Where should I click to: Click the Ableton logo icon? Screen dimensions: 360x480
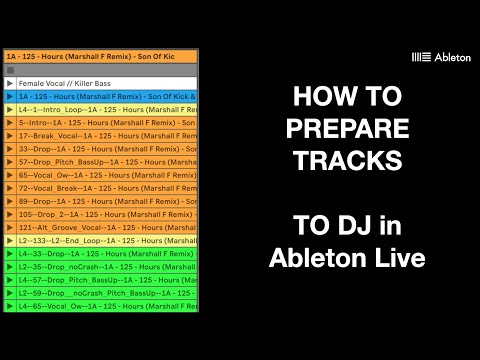click(421, 58)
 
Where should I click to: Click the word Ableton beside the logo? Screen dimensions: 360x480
click(452, 58)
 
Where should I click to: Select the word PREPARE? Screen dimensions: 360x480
click(347, 130)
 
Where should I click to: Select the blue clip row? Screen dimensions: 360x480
click(100, 95)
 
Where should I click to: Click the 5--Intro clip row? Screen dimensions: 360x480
click(100, 121)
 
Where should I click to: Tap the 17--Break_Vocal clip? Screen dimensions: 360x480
click(100, 134)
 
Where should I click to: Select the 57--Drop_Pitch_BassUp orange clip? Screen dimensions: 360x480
click(100, 161)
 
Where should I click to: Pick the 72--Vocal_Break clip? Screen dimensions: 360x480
click(100, 187)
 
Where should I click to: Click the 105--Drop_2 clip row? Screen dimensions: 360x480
click(100, 214)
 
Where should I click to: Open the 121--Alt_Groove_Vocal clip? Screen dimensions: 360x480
click(100, 227)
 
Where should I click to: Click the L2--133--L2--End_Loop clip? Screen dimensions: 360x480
click(100, 240)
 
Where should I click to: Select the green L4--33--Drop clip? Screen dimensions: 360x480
click(100, 254)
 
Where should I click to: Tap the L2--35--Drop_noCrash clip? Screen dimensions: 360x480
click(100, 267)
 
